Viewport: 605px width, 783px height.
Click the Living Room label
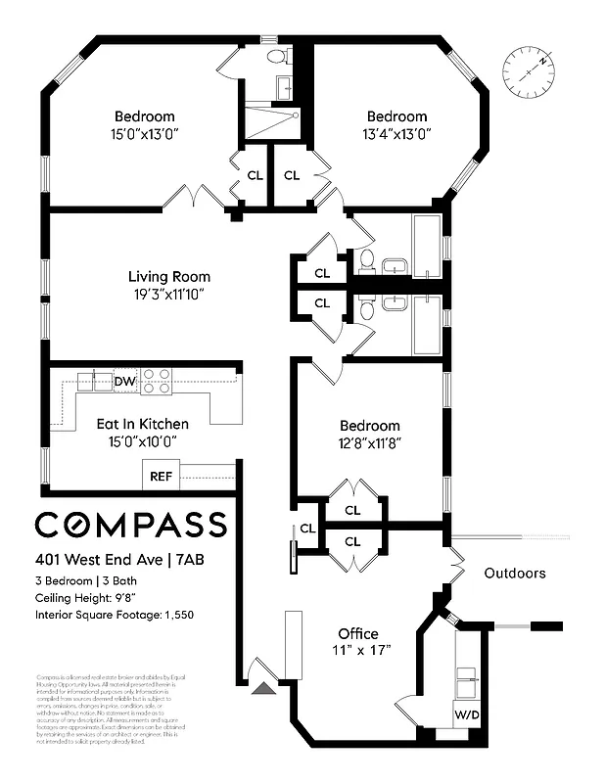170,276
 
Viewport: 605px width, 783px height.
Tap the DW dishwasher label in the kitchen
124,382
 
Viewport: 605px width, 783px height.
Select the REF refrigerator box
160,478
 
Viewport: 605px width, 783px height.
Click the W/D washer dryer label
467,714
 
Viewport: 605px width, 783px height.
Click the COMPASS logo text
130,525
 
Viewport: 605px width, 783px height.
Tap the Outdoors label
515,574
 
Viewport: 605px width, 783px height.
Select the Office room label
358,633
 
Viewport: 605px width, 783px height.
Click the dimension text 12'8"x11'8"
370,442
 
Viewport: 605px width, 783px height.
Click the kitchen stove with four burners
157,381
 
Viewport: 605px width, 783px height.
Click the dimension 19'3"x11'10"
170,294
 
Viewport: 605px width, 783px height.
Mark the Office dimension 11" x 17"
358,652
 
